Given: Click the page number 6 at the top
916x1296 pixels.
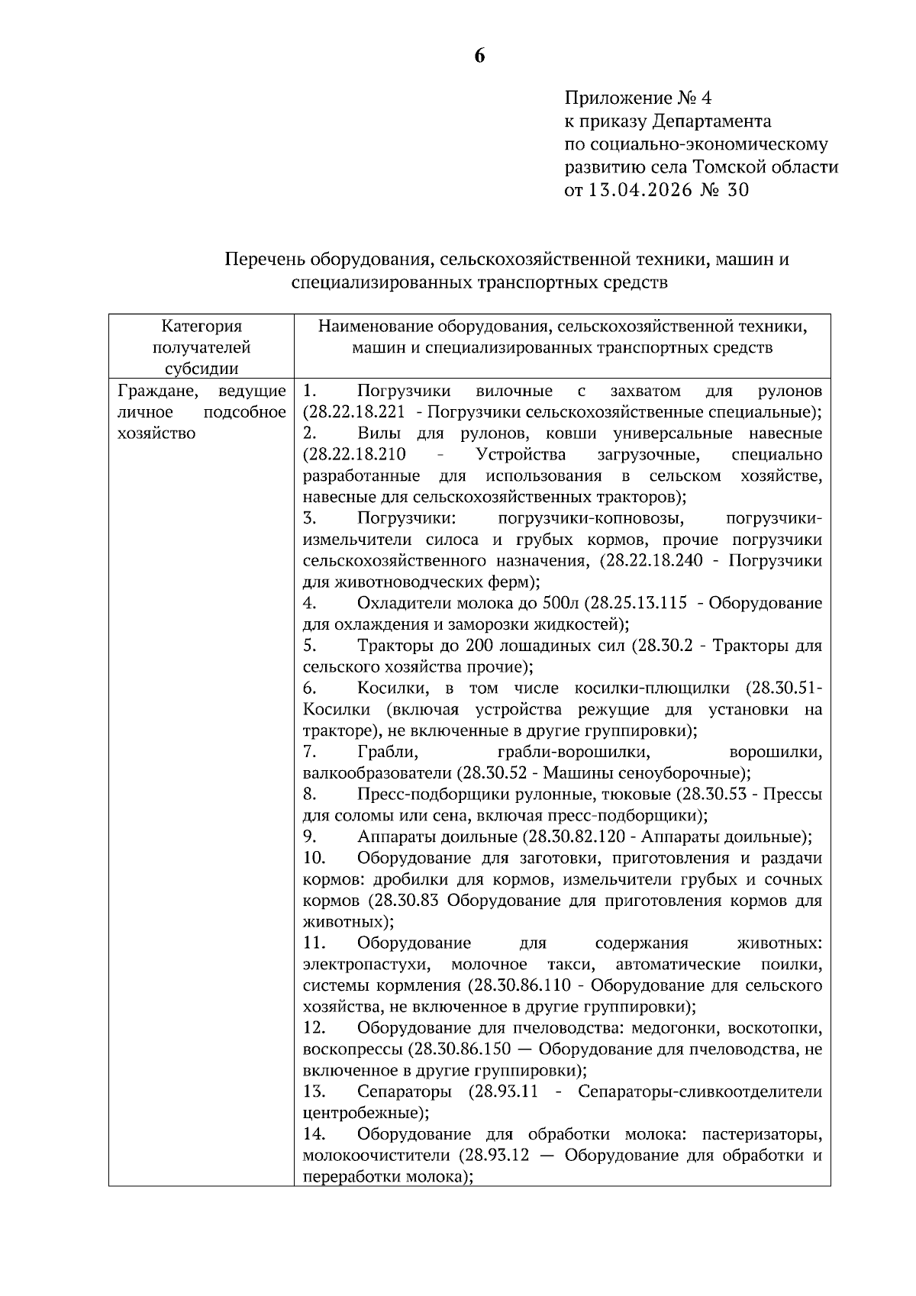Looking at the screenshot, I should pos(479,56).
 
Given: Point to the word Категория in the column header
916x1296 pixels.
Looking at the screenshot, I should pos(202,327).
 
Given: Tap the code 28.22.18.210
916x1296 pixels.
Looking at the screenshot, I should pos(354,455).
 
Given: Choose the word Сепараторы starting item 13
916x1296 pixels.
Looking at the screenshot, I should pos(404,1091).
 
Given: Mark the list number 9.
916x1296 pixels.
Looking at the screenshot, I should pos(308,837).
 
